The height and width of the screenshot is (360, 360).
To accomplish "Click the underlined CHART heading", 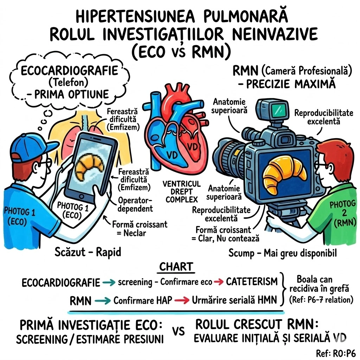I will tap(177, 267).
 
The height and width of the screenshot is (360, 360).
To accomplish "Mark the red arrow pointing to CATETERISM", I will tap(218, 282).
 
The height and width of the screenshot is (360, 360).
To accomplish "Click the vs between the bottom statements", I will tap(179, 332).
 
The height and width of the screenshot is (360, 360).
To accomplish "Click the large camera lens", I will tap(229, 153).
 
